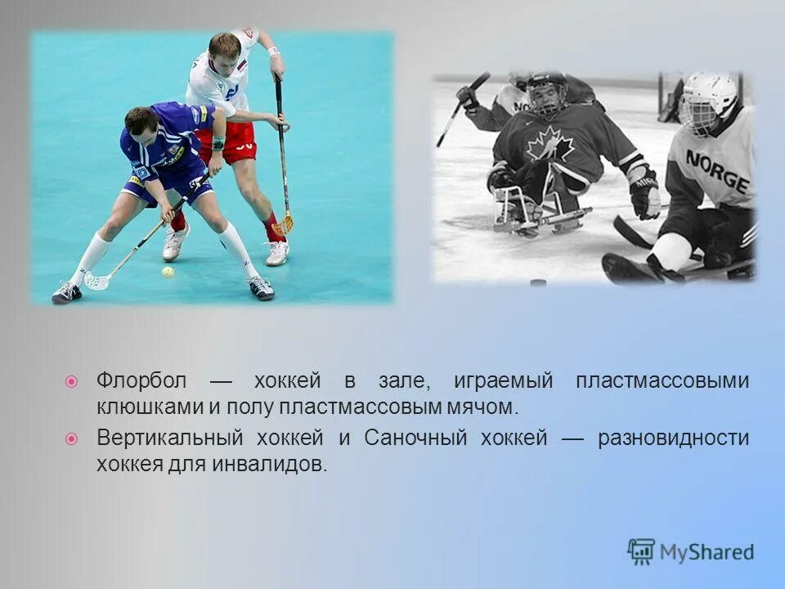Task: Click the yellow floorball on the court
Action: point(168,272)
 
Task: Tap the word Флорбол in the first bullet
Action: point(141,381)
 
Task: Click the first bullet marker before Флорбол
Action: point(72,382)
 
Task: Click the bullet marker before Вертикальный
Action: point(72,439)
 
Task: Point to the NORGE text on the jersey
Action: point(717,171)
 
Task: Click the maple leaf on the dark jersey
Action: point(549,144)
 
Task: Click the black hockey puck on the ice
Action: point(537,283)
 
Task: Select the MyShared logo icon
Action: point(641,552)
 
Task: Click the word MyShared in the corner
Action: point(707,553)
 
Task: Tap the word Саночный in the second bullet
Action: point(415,438)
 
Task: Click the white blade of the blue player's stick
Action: point(97,281)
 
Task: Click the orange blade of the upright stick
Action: point(284,223)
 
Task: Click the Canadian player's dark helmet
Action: point(546,84)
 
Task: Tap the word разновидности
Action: point(673,438)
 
